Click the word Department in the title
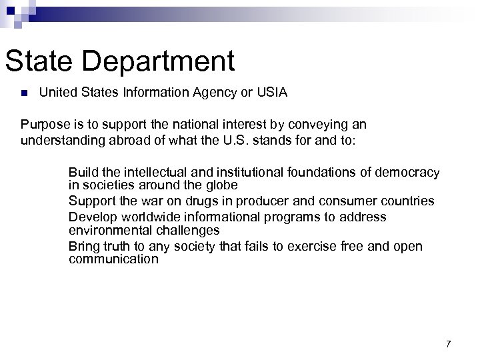(167, 61)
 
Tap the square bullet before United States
(23, 93)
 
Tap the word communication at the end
(113, 259)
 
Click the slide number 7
(448, 343)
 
